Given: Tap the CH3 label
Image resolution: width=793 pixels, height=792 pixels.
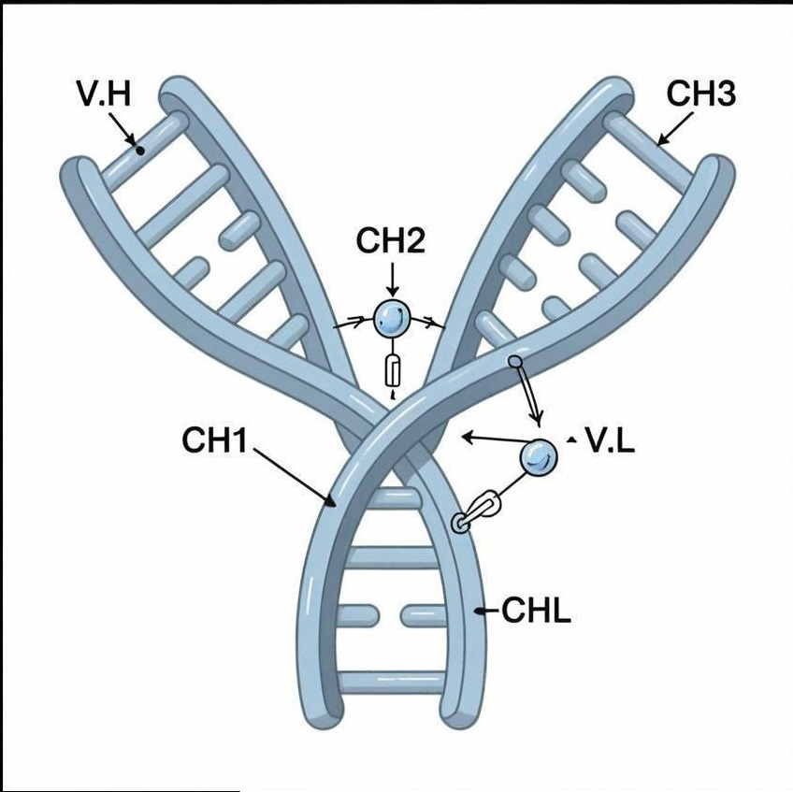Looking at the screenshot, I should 700,94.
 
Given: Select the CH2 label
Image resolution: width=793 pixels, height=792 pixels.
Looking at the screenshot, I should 391,241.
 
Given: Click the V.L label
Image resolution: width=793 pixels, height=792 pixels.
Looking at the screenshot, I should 609,440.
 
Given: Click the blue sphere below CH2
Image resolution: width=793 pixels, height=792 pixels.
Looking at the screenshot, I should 392,319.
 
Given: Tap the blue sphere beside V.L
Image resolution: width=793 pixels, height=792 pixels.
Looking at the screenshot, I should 538,456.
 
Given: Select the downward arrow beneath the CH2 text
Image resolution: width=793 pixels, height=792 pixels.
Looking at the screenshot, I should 392,278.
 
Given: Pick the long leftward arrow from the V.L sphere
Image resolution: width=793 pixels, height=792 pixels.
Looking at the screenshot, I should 491,438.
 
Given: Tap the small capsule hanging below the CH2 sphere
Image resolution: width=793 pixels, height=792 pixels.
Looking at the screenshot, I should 393,371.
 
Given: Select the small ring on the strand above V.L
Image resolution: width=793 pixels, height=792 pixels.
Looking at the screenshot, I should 513,361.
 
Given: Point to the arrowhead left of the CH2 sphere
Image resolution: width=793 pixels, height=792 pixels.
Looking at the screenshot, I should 356,323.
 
